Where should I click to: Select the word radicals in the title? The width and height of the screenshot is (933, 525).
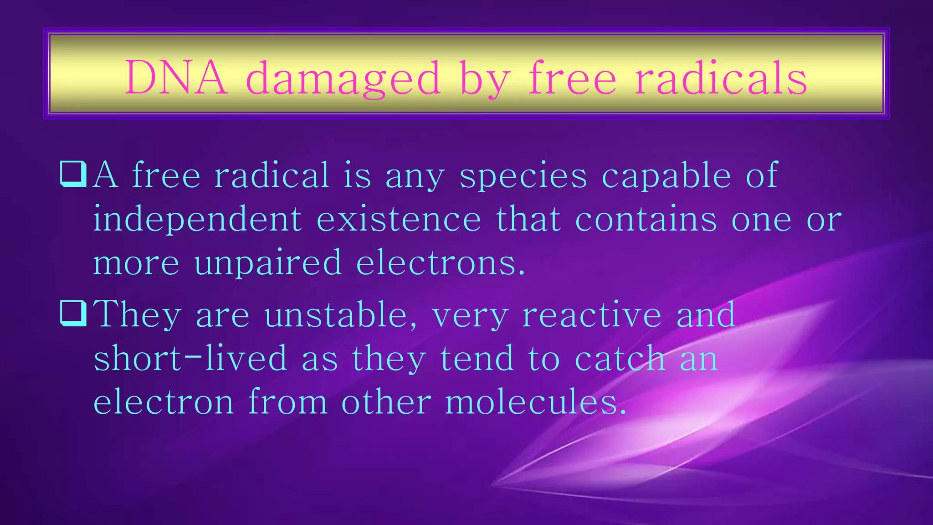721,78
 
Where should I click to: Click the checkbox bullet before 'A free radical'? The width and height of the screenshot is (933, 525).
73,175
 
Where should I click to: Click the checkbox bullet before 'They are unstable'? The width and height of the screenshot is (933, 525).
73,314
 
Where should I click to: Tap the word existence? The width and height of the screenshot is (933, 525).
399,219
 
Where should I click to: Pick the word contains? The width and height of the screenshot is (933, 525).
646,219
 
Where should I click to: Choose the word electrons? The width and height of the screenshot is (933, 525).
441,263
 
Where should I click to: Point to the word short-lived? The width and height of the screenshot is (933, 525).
190,358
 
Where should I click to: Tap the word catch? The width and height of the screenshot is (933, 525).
620,358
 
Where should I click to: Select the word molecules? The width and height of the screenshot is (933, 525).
536,401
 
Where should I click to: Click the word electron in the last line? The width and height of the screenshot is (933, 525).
164,401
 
